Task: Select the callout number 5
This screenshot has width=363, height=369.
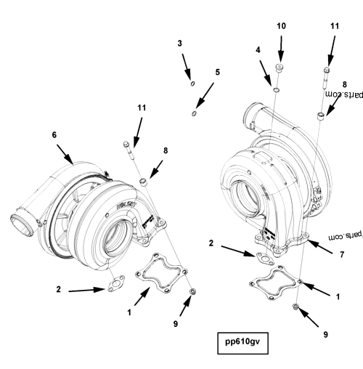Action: click(216, 73)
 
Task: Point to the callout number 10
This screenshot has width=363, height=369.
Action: click(281, 26)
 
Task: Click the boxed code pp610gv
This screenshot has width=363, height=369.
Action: click(242, 342)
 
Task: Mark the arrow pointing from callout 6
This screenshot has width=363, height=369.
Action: click(64, 154)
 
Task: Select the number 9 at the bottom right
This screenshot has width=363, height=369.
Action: click(325, 335)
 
